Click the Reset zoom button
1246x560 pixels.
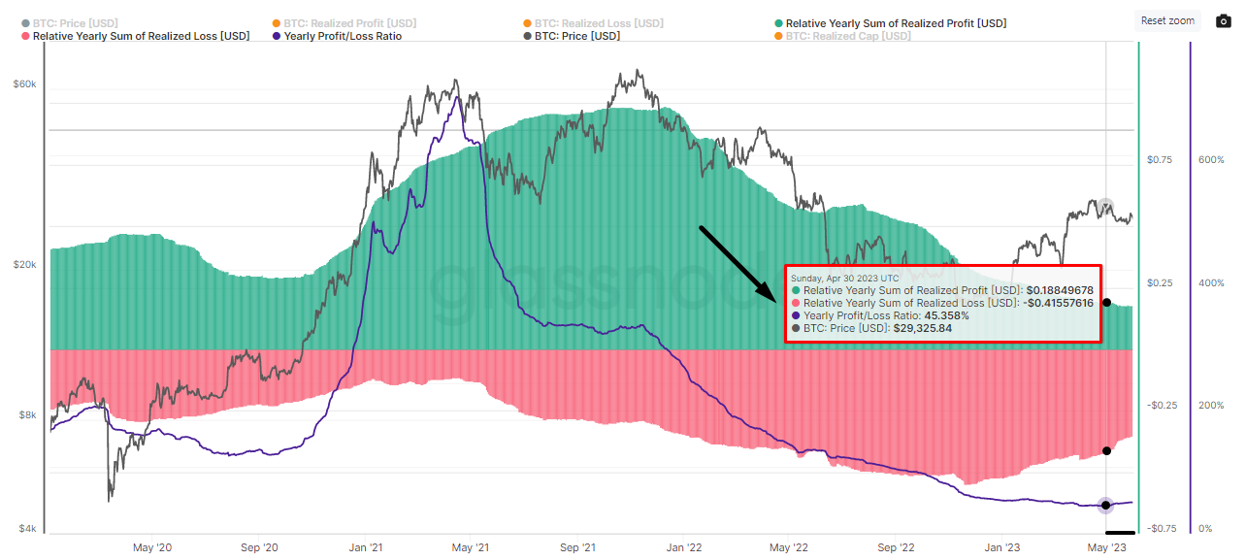click(x=1167, y=20)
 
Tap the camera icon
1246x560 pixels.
click(x=1224, y=21)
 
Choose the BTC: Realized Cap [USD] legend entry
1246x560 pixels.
click(x=842, y=36)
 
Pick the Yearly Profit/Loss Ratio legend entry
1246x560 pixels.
click(x=343, y=36)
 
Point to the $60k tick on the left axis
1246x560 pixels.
click(x=24, y=84)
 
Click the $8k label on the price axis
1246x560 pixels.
click(x=26, y=415)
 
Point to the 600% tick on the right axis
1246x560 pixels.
click(x=1211, y=159)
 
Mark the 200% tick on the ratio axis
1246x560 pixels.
click(x=1211, y=406)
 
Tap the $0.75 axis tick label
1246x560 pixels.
click(x=1159, y=159)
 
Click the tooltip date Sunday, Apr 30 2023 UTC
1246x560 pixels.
click(x=844, y=278)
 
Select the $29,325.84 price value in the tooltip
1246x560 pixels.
click(x=922, y=328)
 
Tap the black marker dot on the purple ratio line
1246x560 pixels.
click(x=1105, y=505)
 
